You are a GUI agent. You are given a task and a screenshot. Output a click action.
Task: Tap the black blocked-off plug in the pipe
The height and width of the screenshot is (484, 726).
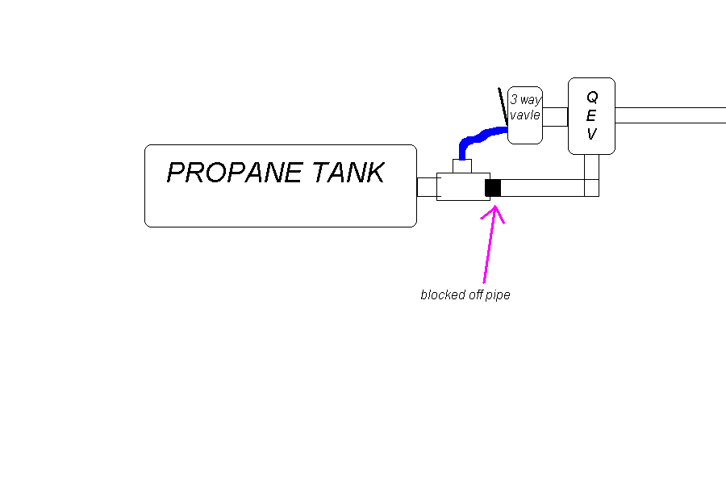click(x=493, y=188)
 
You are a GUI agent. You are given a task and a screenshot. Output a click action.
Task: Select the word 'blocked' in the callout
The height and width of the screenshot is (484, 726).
click(x=442, y=295)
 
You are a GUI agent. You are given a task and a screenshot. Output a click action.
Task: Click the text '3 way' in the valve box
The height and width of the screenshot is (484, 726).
click(x=525, y=100)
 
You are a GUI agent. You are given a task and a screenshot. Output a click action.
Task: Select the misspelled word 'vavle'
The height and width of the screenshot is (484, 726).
click(x=524, y=115)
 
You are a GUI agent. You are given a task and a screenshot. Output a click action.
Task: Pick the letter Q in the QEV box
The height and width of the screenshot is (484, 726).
click(x=591, y=97)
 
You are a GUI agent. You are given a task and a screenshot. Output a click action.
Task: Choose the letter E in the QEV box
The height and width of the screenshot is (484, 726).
click(x=591, y=115)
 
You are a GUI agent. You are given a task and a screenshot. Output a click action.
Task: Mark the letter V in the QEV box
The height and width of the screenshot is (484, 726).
click(x=591, y=134)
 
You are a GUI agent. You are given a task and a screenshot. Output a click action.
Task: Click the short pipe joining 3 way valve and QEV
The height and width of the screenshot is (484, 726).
click(x=555, y=116)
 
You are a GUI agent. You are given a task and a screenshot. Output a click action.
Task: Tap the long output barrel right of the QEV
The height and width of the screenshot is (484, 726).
click(x=670, y=115)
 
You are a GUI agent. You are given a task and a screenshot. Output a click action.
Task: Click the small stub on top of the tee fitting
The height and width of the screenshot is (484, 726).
click(x=461, y=166)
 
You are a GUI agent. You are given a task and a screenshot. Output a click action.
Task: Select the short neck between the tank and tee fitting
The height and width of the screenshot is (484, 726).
click(x=426, y=187)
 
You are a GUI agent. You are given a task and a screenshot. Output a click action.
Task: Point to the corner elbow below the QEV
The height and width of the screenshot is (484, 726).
click(x=591, y=188)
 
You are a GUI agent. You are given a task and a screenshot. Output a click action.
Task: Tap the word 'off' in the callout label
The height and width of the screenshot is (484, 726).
click(x=475, y=295)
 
